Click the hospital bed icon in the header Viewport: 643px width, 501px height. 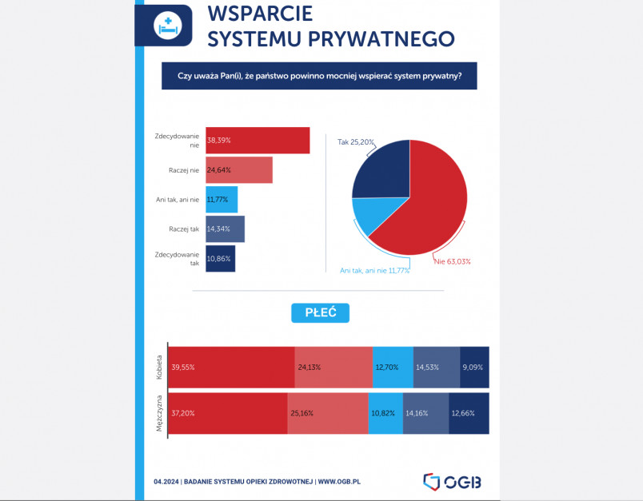point(169,25)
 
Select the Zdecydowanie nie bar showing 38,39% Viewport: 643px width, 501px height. point(258,140)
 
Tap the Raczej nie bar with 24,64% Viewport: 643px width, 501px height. point(239,169)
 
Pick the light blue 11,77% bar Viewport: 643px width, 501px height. point(222,199)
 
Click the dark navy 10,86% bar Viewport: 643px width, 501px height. point(221,259)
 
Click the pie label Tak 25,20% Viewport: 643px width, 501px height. point(357,141)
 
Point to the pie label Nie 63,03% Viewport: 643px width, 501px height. point(452,260)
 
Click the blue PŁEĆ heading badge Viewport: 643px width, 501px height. point(321,312)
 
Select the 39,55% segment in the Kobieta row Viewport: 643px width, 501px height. point(232,368)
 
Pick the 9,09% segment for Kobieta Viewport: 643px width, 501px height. point(474,368)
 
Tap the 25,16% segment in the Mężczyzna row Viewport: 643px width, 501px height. point(328,414)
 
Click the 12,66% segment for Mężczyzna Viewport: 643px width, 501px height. point(469,414)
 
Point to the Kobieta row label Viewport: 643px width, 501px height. point(160,368)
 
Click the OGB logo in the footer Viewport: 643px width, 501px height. point(452,481)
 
